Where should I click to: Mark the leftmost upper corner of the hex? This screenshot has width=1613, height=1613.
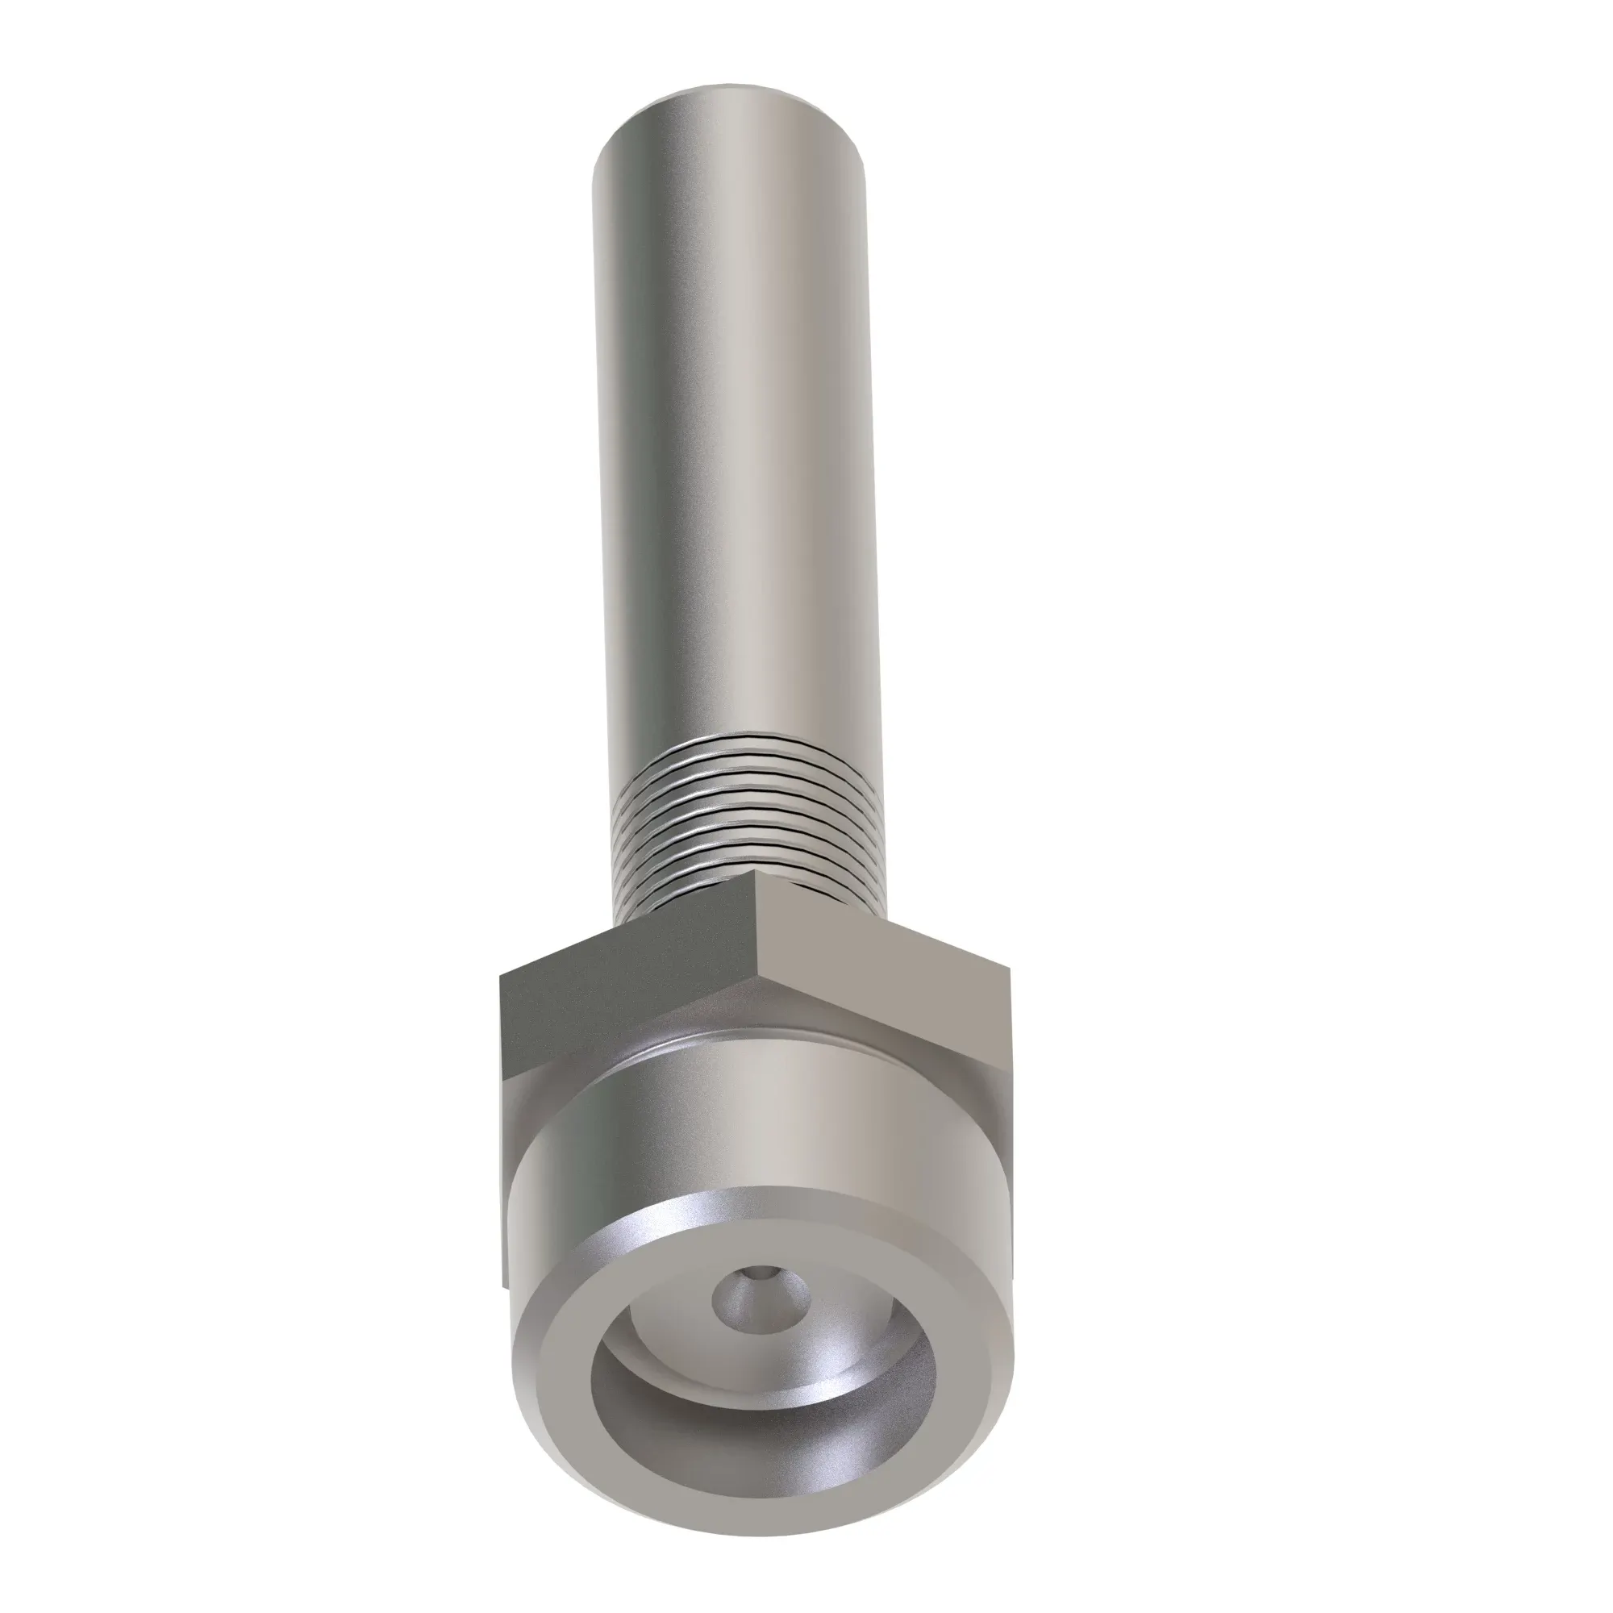pos(501,973)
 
